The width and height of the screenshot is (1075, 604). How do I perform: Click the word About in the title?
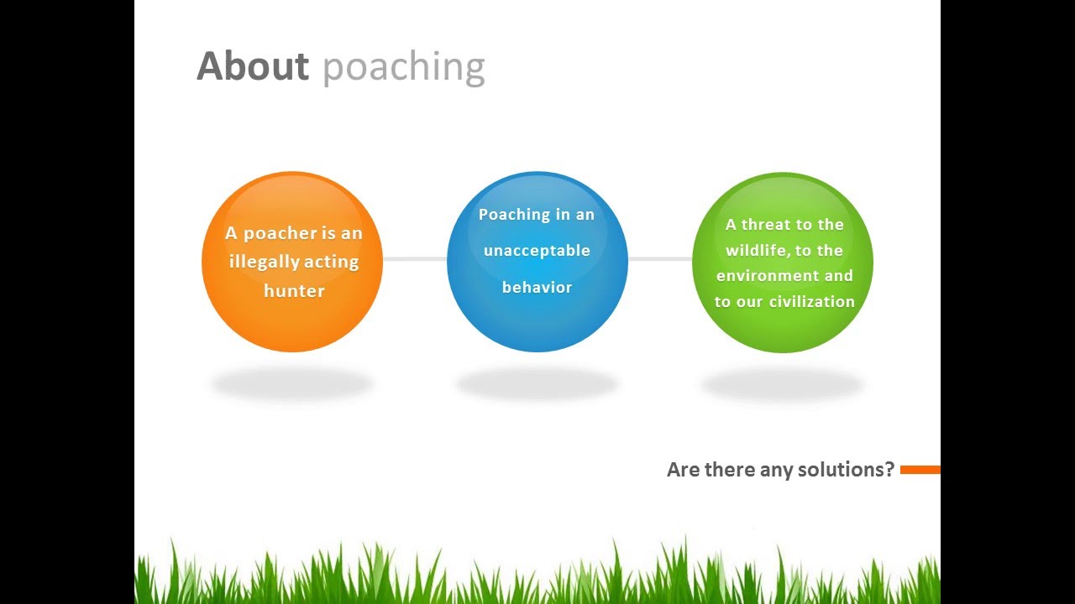tap(253, 66)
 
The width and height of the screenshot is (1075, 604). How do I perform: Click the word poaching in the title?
tap(403, 68)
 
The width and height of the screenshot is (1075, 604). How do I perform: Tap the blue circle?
tap(537, 323)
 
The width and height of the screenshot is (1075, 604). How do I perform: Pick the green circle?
tap(783, 331)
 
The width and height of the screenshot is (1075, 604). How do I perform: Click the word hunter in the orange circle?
tap(294, 290)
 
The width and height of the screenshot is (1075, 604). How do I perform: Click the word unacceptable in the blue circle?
tap(537, 250)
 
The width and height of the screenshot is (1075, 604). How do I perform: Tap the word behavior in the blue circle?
tap(537, 287)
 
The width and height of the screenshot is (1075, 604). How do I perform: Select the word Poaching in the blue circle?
tap(514, 214)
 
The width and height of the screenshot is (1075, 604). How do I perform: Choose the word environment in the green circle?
tap(763, 275)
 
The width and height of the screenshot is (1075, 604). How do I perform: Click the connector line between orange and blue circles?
tap(415, 259)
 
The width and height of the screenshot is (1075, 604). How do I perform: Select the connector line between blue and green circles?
tap(660, 259)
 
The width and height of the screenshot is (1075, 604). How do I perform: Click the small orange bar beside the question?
tap(920, 470)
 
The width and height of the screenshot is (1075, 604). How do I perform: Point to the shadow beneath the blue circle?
tap(537, 384)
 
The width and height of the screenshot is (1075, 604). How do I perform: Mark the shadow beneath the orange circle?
tap(292, 384)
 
